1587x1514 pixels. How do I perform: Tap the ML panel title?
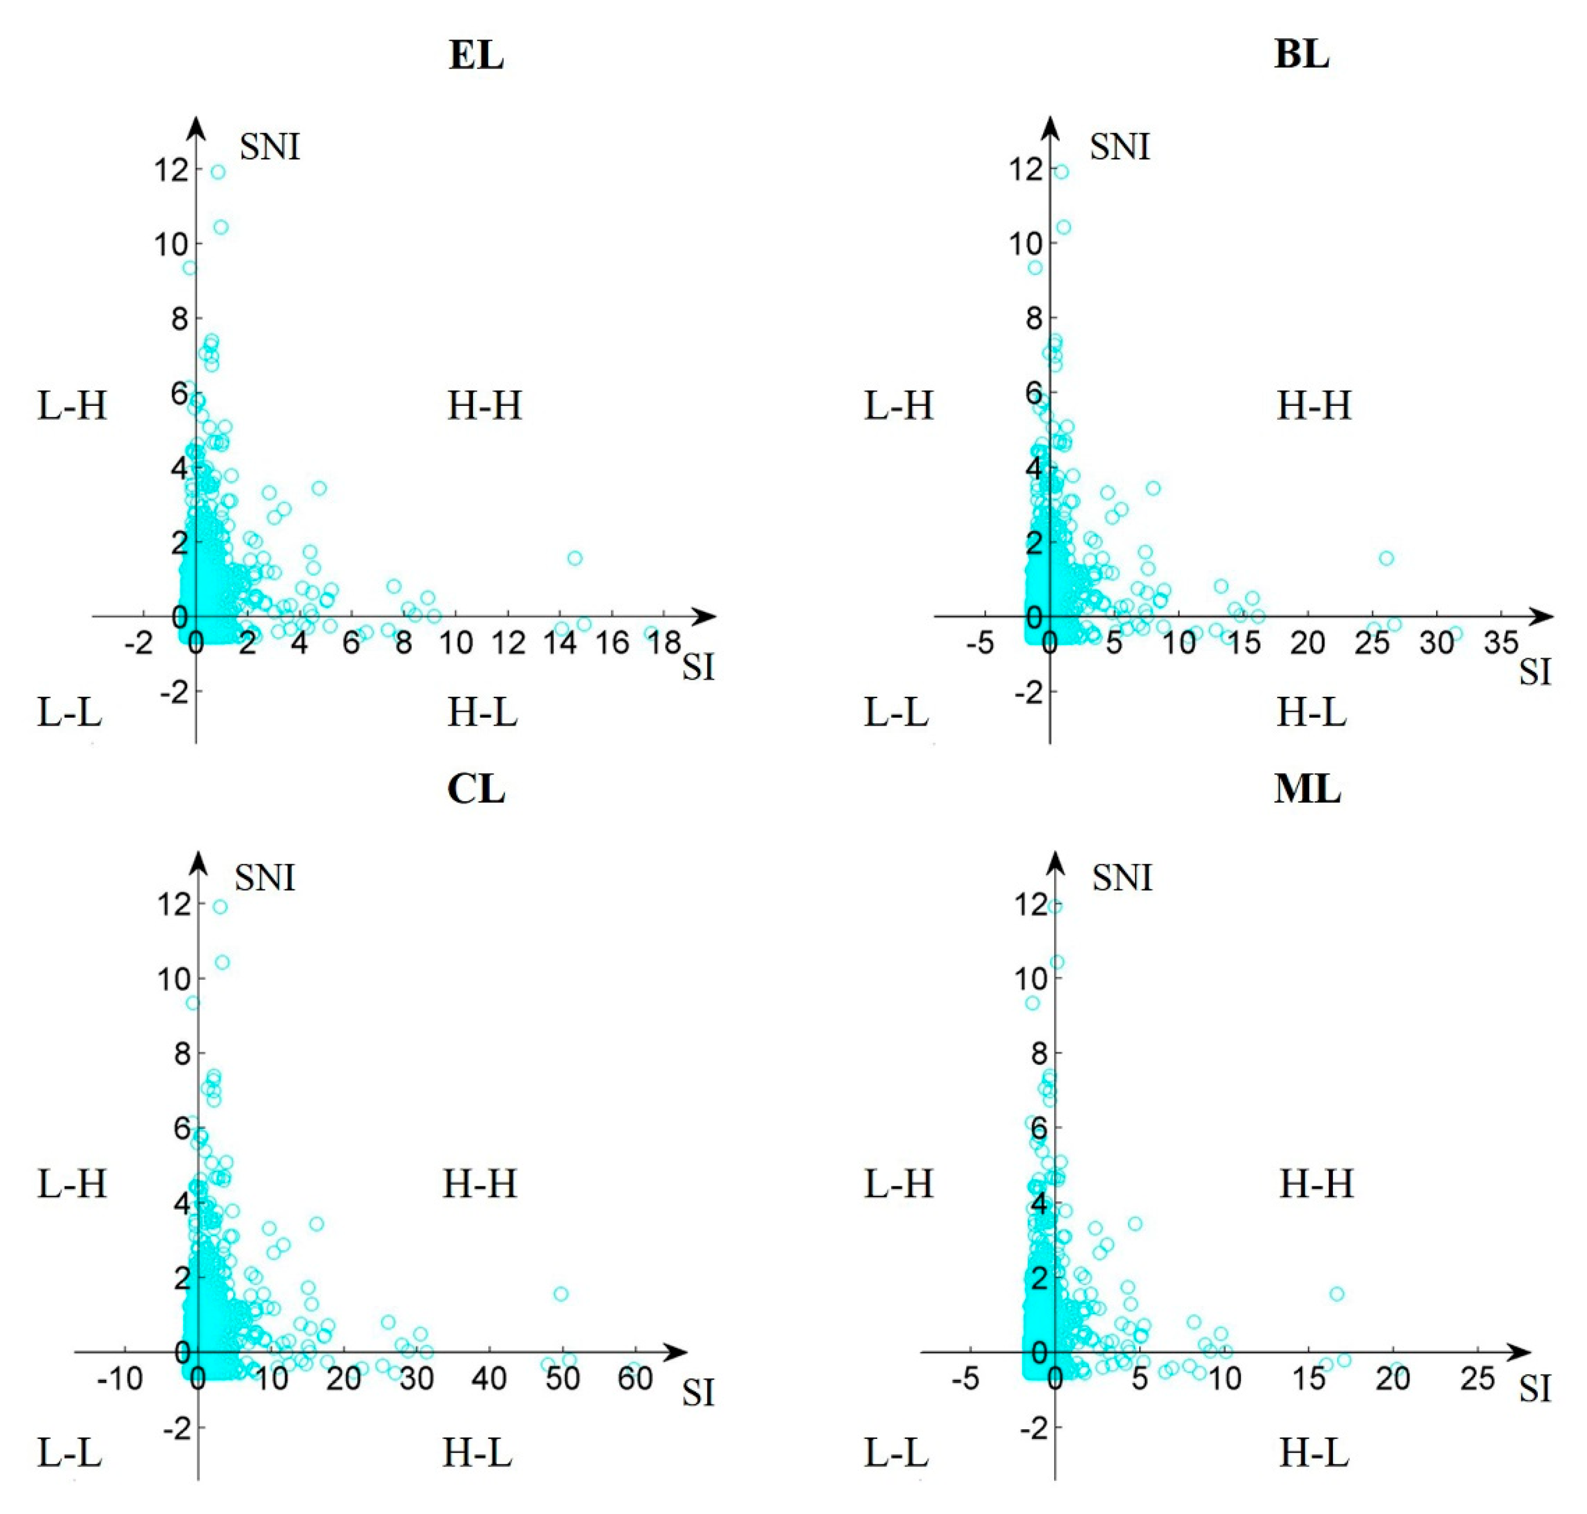coord(1307,789)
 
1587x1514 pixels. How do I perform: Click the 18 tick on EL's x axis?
coord(664,643)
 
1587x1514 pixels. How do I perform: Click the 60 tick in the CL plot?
coord(636,1379)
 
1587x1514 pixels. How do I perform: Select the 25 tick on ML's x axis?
coord(1477,1379)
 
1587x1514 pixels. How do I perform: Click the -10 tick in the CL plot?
coord(120,1379)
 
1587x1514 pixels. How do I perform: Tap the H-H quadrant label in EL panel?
coord(484,405)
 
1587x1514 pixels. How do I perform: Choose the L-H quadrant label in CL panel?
coord(72,1184)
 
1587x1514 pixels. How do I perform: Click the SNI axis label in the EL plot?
coord(269,147)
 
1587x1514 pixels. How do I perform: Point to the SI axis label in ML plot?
coord(1534,1390)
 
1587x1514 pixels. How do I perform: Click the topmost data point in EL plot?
coord(218,172)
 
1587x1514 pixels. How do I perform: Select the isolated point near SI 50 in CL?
coord(560,1294)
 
